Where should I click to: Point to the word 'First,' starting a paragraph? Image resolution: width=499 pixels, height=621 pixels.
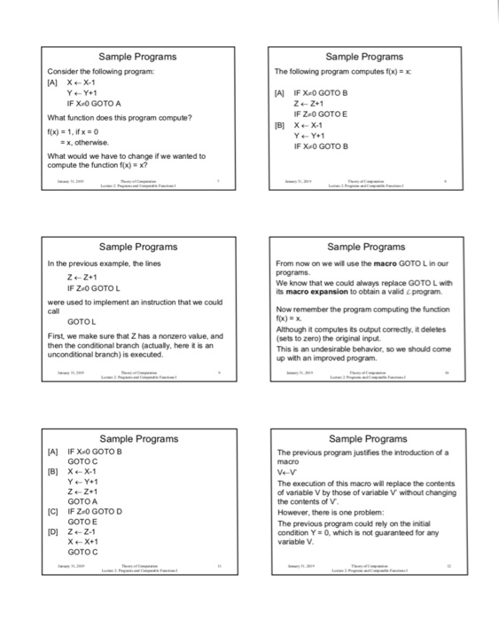57,336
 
